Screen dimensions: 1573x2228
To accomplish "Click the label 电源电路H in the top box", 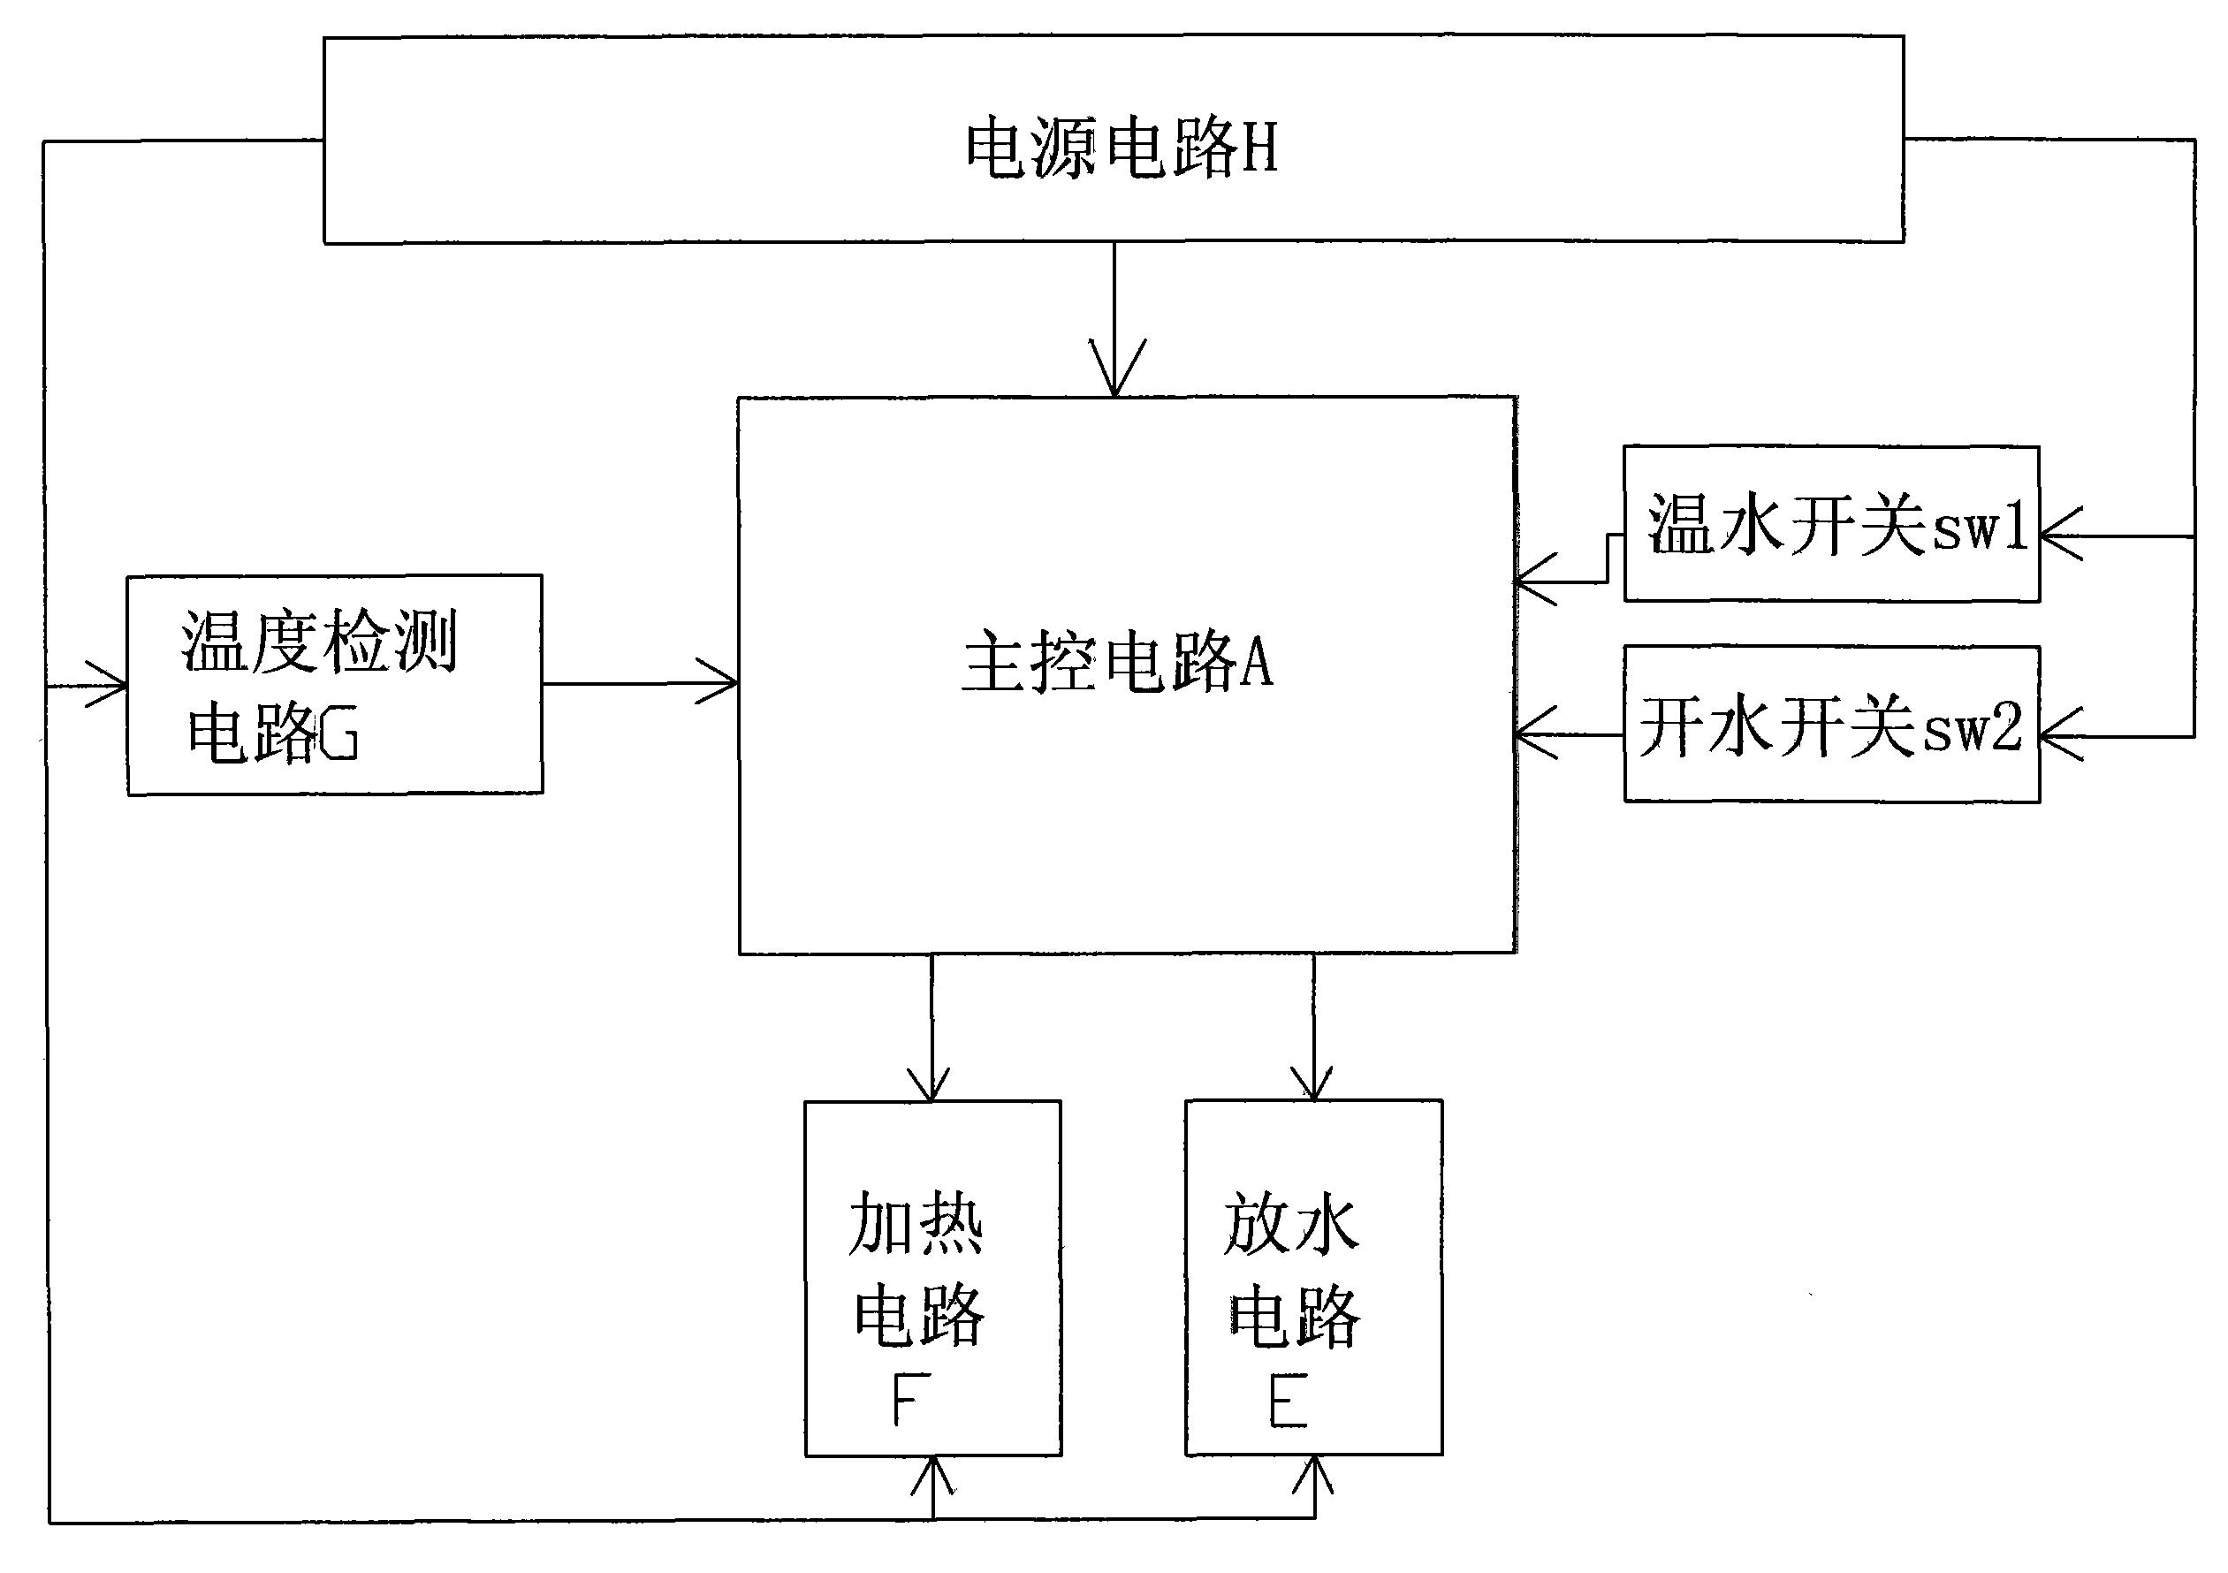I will [1121, 148].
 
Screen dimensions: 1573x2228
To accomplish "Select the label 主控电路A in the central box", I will [1117, 664].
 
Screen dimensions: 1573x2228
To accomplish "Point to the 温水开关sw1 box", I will [1831, 524].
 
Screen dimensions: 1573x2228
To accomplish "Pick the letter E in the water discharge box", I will [1289, 1402].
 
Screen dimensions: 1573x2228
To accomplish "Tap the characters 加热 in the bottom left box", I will [915, 1224].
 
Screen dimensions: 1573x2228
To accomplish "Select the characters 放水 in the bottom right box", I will [1290, 1224].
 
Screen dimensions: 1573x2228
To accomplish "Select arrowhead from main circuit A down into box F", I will [931, 1088].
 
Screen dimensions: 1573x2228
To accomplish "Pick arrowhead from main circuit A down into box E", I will [1313, 1086].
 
